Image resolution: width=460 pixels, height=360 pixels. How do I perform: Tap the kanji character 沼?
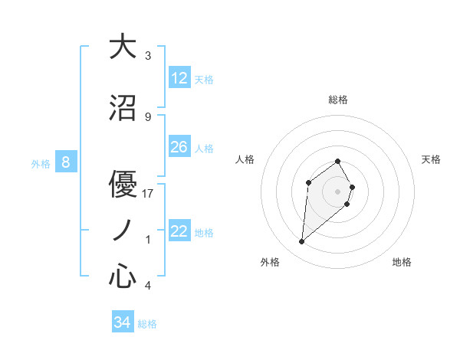pyautogui.click(x=123, y=108)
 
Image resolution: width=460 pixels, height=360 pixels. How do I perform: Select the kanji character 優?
pyautogui.click(x=123, y=184)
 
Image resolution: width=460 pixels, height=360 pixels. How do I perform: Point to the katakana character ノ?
pyautogui.click(x=123, y=230)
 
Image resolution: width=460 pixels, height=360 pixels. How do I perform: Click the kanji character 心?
pyautogui.click(x=123, y=277)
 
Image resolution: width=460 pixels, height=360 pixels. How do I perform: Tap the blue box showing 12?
pyautogui.click(x=179, y=78)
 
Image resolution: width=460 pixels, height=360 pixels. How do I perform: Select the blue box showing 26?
pyautogui.click(x=179, y=147)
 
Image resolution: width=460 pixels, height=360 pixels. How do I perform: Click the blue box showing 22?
pyautogui.click(x=179, y=231)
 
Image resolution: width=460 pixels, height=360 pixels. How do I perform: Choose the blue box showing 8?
pyautogui.click(x=66, y=162)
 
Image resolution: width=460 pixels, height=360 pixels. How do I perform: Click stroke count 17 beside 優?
pyautogui.click(x=149, y=194)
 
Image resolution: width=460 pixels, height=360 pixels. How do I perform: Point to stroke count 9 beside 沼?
pyautogui.click(x=148, y=117)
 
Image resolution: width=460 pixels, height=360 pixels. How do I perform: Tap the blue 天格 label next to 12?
pyautogui.click(x=204, y=79)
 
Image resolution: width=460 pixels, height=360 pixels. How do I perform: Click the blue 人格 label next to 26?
pyautogui.click(x=204, y=148)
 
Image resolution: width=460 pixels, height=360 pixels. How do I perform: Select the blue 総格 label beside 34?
pyautogui.click(x=147, y=324)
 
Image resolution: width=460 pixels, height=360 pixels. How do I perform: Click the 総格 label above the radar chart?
pyautogui.click(x=338, y=100)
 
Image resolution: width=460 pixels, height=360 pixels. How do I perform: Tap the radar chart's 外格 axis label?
pyautogui.click(x=270, y=262)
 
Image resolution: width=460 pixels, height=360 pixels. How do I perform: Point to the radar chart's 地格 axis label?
pyautogui.click(x=402, y=262)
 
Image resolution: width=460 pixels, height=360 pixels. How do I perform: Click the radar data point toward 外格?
pyautogui.click(x=302, y=242)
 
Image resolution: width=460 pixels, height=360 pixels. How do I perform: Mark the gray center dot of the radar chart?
pyautogui.click(x=338, y=191)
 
